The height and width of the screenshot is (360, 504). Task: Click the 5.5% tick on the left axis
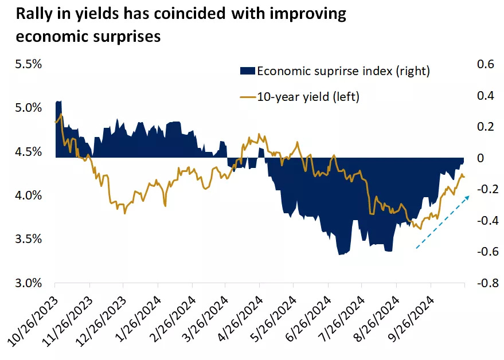pyautogui.click(x=28, y=64)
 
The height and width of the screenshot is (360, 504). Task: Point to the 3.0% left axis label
pyautogui.click(x=28, y=283)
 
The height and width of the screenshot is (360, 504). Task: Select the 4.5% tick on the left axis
pyautogui.click(x=28, y=152)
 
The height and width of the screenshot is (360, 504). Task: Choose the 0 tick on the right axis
pyautogui.click(x=480, y=158)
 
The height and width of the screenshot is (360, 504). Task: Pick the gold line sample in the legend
pyautogui.click(x=246, y=97)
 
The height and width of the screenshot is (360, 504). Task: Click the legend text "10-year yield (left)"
pyautogui.click(x=308, y=97)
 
